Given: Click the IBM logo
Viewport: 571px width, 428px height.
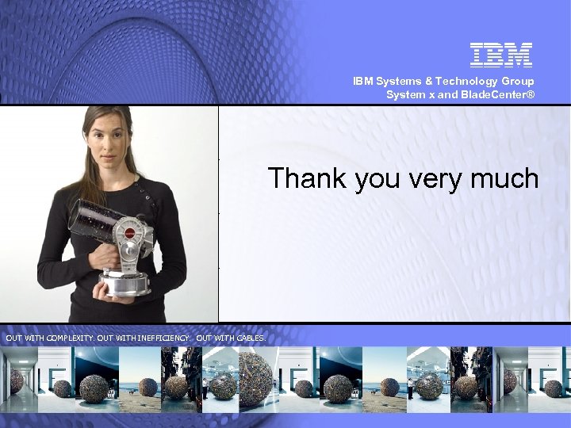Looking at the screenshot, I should point(501,55).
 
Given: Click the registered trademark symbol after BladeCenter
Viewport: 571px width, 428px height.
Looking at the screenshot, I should point(531,94).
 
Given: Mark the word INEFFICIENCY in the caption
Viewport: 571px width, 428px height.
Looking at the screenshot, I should point(163,338).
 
